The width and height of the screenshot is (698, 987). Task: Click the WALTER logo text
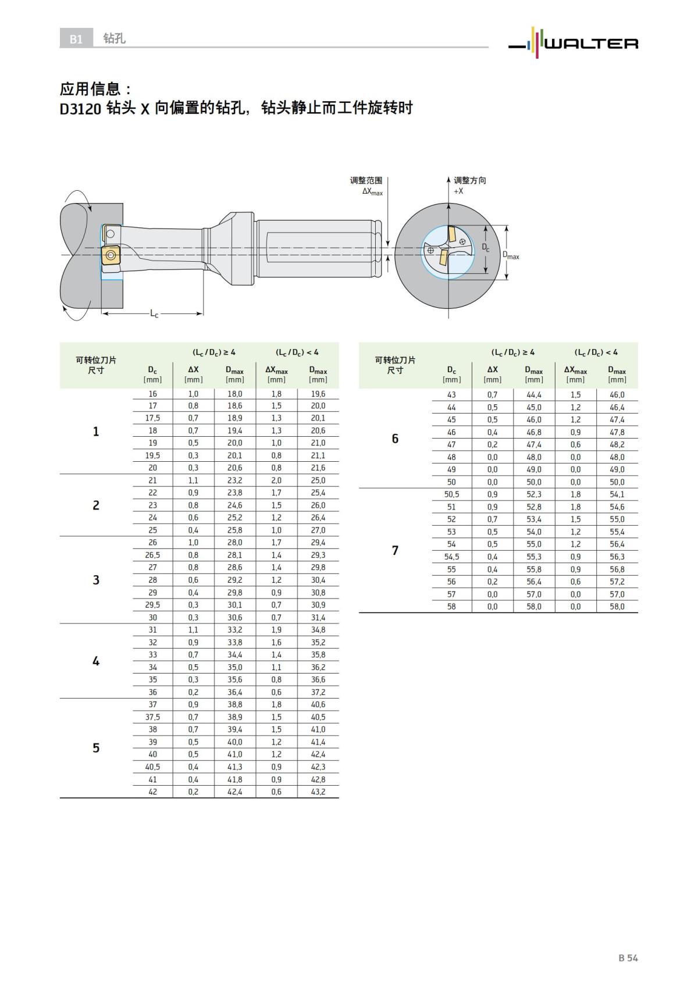pos(590,44)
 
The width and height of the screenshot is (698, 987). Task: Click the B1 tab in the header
pos(76,39)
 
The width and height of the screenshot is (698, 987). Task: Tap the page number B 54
pos(628,958)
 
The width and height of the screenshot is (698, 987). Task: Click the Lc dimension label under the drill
pos(154,314)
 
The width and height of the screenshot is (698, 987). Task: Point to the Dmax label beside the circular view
pos(511,256)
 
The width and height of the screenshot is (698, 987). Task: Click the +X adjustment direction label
pos(458,191)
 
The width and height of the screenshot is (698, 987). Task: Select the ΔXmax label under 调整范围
pos(372,191)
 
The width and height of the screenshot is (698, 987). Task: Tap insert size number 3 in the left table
pos(96,580)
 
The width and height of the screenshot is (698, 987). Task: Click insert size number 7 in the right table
pos(395,550)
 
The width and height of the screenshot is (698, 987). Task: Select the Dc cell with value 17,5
pos(152,418)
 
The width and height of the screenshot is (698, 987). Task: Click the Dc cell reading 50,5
pos(451,494)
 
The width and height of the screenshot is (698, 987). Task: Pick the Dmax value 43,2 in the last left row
pos(318,792)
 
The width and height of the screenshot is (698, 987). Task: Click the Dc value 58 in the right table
pos(451,607)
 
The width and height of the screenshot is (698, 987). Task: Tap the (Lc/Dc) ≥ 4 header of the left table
pos(214,352)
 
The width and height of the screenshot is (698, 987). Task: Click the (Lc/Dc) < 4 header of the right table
pos(596,352)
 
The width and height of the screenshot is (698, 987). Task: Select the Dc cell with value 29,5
pos(152,605)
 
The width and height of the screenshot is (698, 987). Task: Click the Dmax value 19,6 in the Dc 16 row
pos(318,394)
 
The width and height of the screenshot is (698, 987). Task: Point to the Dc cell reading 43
pos(451,394)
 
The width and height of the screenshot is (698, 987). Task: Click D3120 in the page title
pos(81,109)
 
